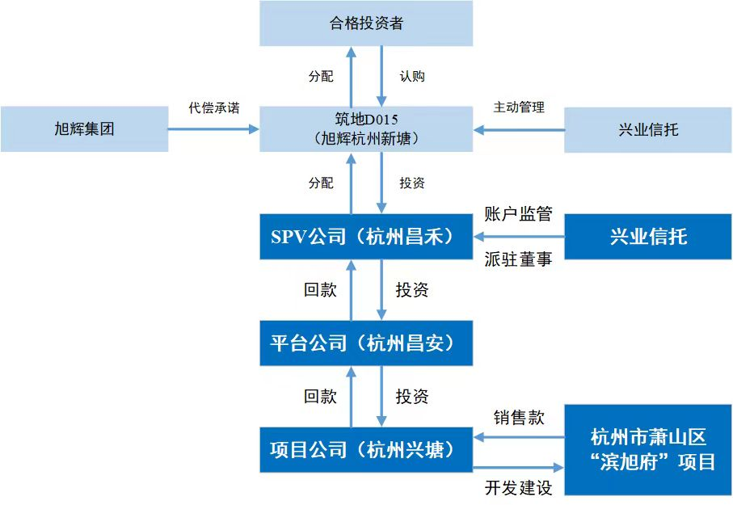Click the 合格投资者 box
(366, 23)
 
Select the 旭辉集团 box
(84, 128)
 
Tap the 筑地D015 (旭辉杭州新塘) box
(366, 128)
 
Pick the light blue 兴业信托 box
(647, 128)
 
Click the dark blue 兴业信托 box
(647, 236)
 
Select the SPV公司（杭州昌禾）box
(366, 236)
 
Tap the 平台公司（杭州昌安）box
(366, 343)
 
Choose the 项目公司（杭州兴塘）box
(366, 449)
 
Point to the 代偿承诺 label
(214, 107)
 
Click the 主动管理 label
(519, 107)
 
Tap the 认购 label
(412, 77)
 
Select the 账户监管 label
(518, 214)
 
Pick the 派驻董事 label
(518, 259)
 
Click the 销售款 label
(519, 418)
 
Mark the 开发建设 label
(518, 488)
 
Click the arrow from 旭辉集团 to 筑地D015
(214, 128)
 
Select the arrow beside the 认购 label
(381, 77)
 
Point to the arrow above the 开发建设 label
(518, 467)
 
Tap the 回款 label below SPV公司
(320, 290)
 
